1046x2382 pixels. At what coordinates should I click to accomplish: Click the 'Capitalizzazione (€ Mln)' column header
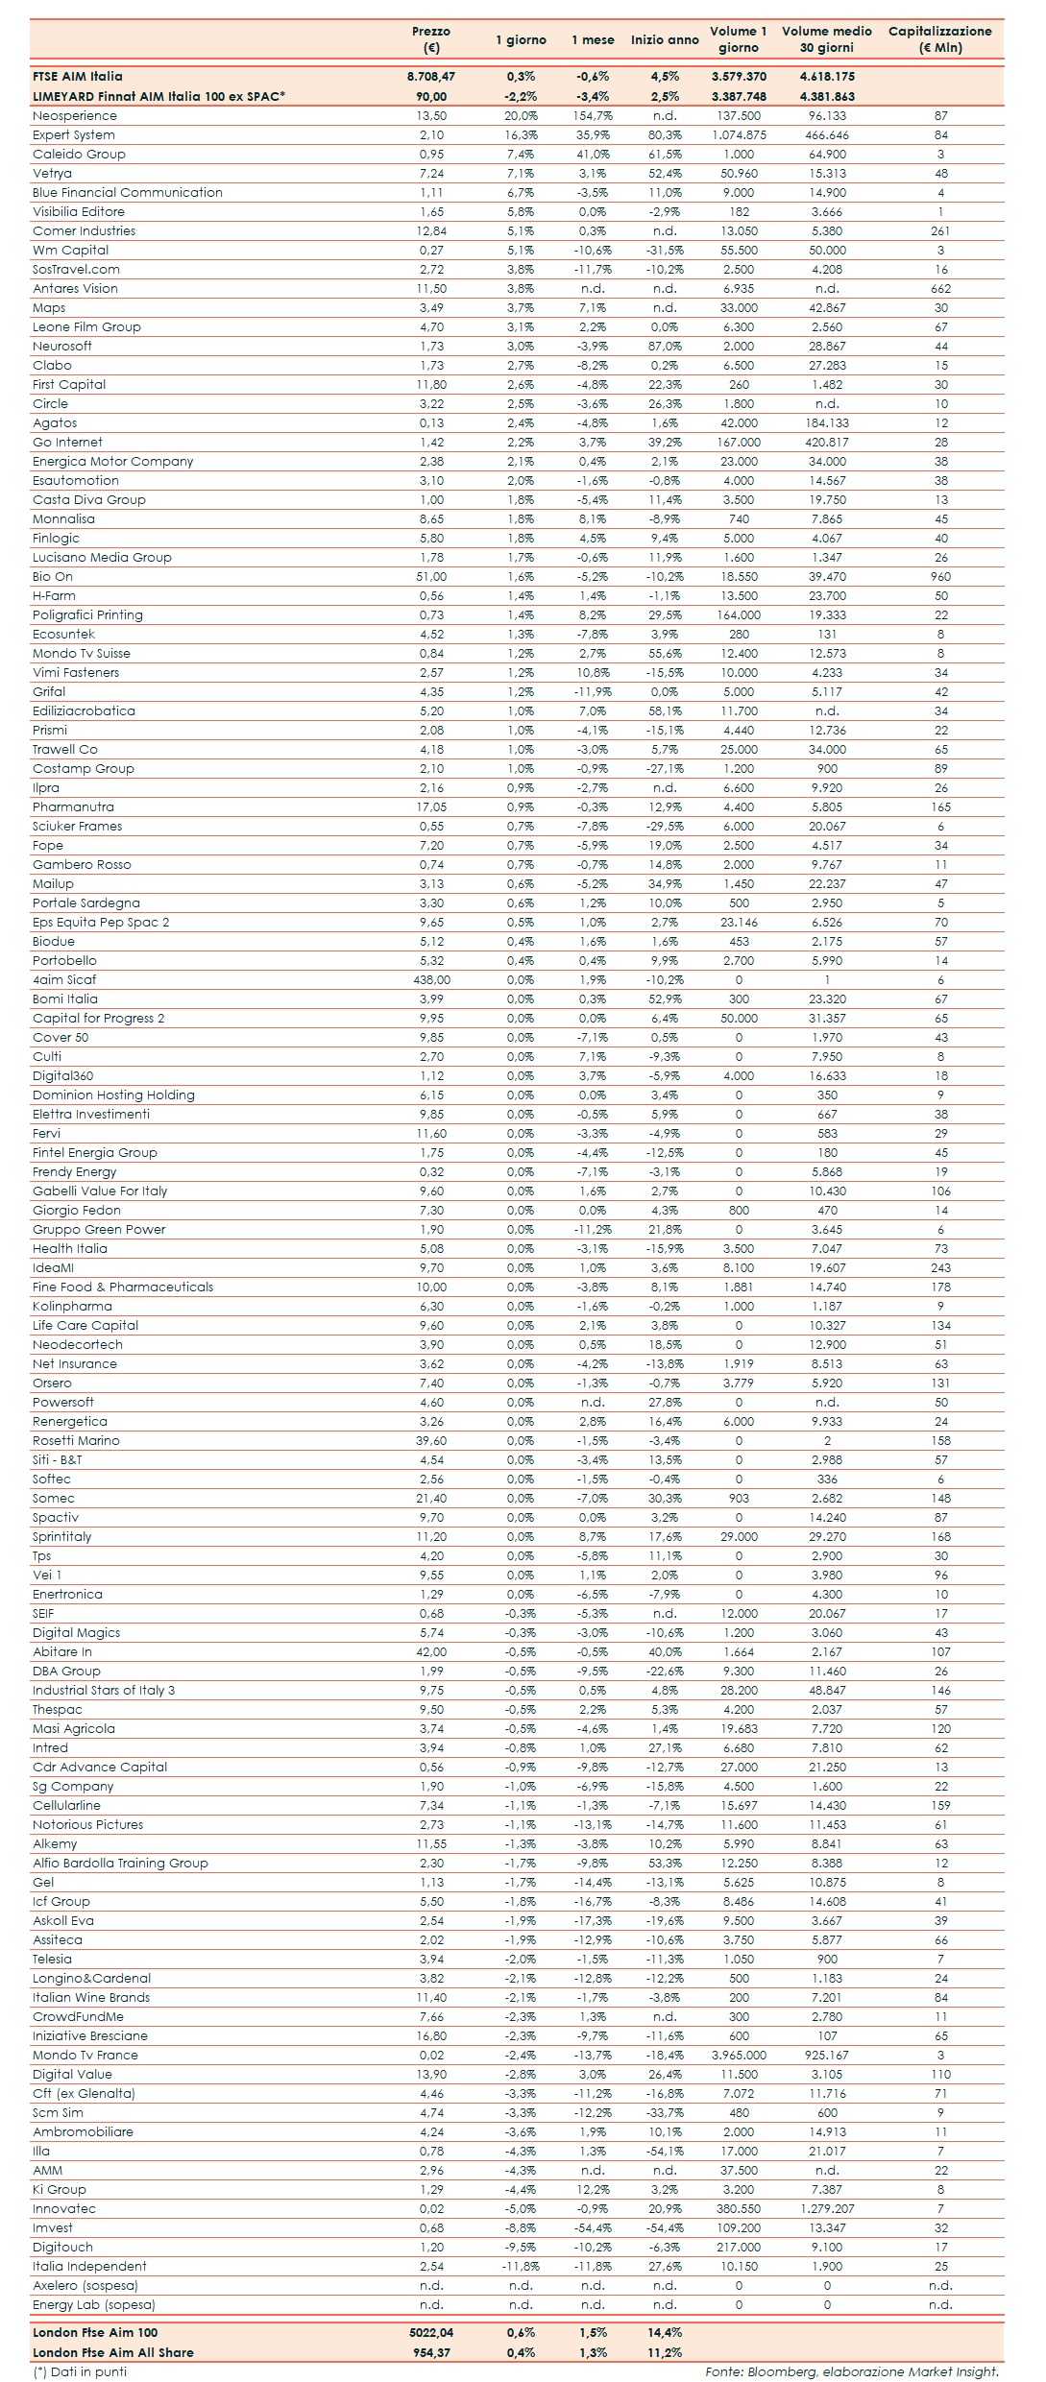click(x=939, y=39)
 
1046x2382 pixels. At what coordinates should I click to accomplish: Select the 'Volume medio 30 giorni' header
click(x=826, y=39)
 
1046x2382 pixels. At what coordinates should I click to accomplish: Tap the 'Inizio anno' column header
click(x=665, y=40)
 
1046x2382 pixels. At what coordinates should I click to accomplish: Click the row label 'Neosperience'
click(x=75, y=116)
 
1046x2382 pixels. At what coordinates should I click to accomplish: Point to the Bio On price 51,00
click(x=431, y=577)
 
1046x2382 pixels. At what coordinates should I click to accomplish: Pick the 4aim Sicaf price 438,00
click(x=431, y=980)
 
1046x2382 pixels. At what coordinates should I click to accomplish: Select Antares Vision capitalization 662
click(x=940, y=289)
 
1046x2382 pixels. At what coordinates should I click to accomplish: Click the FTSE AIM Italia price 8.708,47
click(x=431, y=77)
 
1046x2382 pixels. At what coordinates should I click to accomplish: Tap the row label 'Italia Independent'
click(x=89, y=2267)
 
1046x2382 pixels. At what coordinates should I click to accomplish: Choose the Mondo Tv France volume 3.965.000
click(x=739, y=2056)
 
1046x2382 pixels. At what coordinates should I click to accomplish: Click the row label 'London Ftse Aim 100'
click(x=95, y=2333)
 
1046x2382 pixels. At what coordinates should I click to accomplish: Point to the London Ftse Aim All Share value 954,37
click(x=431, y=2352)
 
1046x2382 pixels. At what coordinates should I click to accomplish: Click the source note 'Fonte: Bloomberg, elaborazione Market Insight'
click(x=852, y=2371)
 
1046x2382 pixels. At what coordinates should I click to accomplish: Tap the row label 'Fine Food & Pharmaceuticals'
click(x=123, y=1287)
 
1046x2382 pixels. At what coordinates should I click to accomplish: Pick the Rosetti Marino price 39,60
click(x=431, y=1441)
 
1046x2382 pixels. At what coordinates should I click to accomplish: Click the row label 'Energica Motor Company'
click(x=113, y=462)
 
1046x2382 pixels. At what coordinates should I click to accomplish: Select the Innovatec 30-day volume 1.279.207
click(x=827, y=2209)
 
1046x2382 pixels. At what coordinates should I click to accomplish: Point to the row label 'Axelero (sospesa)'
click(x=85, y=2286)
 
